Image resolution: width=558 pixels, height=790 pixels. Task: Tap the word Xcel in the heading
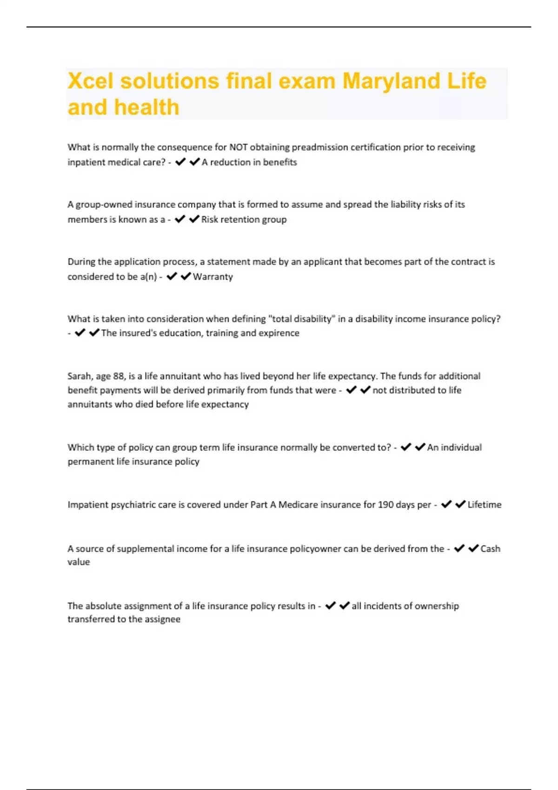click(91, 81)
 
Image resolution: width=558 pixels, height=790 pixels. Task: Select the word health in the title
click(146, 107)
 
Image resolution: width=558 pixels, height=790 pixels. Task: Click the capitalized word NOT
click(239, 147)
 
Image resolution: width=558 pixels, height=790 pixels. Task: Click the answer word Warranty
click(213, 277)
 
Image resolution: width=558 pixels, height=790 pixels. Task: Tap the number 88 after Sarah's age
click(119, 376)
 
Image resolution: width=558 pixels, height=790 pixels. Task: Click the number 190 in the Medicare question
click(385, 505)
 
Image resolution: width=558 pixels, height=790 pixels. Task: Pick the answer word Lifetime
click(484, 505)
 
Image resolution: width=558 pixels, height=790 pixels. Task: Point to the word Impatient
click(88, 505)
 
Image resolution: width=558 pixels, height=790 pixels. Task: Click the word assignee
click(162, 619)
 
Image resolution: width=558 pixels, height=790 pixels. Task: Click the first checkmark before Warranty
click(172, 276)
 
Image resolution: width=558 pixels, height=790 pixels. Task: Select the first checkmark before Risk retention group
click(180, 219)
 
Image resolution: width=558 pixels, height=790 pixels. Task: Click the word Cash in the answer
click(490, 549)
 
